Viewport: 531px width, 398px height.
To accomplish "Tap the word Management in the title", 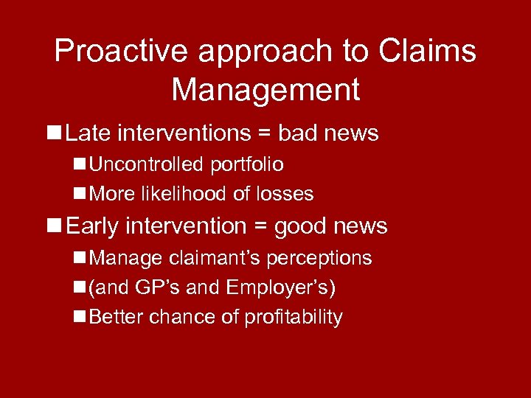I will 265,90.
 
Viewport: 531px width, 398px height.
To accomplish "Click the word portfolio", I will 246,165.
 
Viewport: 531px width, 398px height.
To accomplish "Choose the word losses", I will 285,194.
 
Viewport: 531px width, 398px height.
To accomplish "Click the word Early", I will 92,227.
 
